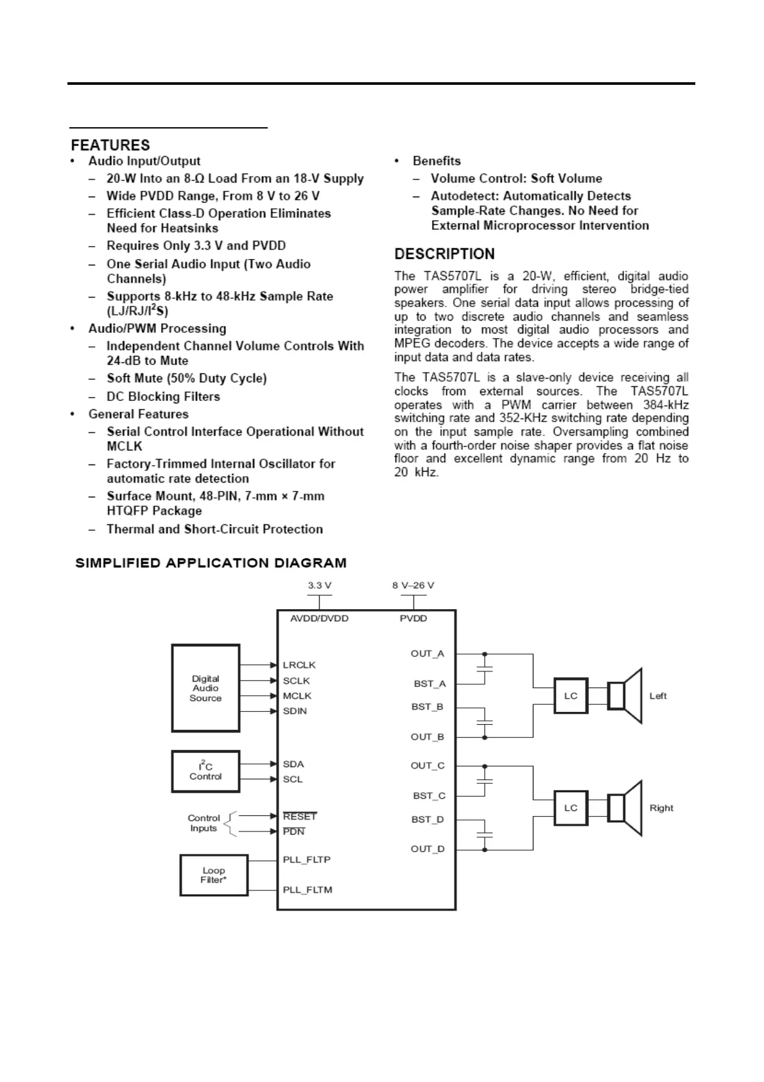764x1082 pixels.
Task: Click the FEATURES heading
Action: (110, 145)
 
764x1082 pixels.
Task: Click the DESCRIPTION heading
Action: (444, 254)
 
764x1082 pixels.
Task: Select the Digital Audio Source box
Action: (205, 688)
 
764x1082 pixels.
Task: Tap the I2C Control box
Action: (205, 771)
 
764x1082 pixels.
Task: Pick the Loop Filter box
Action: (213, 875)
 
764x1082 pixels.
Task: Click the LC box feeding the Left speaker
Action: (571, 696)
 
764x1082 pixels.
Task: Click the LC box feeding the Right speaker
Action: (571, 808)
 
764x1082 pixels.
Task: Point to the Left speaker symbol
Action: (625, 696)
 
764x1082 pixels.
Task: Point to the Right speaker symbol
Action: (625, 808)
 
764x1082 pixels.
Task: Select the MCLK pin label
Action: (297, 696)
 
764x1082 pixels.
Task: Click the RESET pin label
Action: (300, 817)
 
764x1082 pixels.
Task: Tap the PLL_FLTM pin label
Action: (308, 890)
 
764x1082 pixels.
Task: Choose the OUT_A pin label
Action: (428, 653)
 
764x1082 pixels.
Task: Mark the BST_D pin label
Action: (428, 819)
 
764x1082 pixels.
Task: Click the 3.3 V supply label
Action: (320, 585)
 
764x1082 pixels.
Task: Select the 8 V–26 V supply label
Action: (413, 585)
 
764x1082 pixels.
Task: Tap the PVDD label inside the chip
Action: (413, 618)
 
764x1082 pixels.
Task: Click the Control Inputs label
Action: (204, 823)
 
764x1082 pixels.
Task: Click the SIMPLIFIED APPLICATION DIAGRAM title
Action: (211, 563)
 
